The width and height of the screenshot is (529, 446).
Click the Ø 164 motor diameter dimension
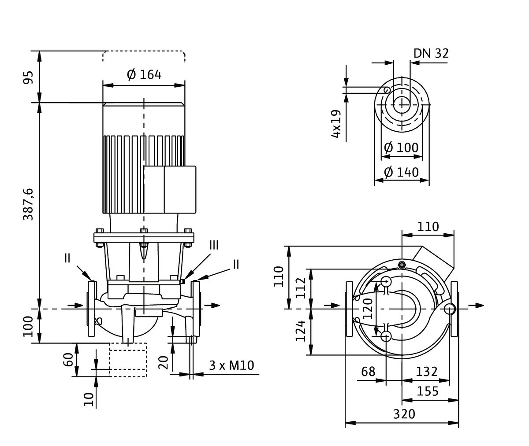(144, 74)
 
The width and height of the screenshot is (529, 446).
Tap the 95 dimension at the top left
(28, 77)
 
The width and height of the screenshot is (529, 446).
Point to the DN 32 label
(431, 53)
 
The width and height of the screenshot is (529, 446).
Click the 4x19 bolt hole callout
(336, 124)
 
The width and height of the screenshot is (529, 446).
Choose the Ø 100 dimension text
(401, 147)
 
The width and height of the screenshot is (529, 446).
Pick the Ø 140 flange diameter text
(401, 172)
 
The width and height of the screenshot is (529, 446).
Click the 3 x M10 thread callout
(231, 365)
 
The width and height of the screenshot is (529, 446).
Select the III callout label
(213, 245)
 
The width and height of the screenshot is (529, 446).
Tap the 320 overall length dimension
(404, 414)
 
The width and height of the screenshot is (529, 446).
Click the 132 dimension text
(426, 372)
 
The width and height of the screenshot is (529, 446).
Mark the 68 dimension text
(368, 372)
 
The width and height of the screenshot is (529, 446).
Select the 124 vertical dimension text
(301, 331)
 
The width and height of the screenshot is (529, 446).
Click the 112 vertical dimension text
(301, 288)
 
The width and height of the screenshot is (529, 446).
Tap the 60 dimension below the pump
(67, 359)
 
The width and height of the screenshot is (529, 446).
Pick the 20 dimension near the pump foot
(163, 362)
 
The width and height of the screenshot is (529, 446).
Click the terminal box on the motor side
(170, 189)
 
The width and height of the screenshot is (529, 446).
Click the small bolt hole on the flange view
(387, 90)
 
